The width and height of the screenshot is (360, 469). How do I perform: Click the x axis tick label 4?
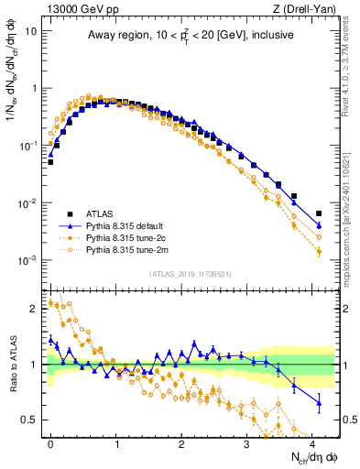tap(312, 442)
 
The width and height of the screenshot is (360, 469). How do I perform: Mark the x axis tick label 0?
tap(50, 442)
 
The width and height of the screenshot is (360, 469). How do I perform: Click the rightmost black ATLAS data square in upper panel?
tap(319, 213)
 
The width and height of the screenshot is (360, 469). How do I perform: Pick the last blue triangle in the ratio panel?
tap(319, 402)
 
